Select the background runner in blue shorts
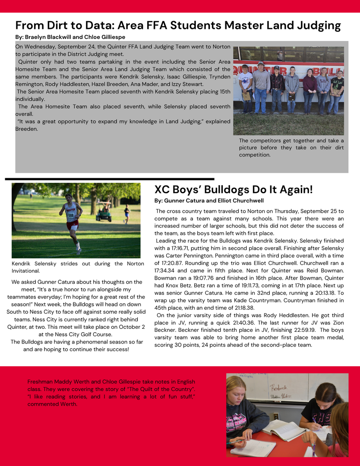point(126,214)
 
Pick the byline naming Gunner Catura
point(209,201)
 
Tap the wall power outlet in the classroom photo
point(275,416)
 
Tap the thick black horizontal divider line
point(110,178)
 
